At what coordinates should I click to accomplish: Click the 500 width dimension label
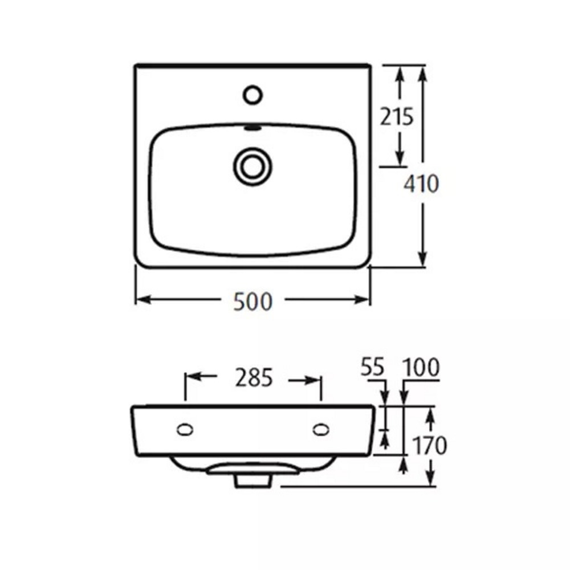click(253, 302)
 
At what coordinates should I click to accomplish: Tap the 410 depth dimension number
click(421, 184)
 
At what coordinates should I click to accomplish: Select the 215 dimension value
click(397, 117)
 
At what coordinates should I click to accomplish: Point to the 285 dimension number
click(254, 377)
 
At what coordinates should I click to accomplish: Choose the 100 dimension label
click(421, 367)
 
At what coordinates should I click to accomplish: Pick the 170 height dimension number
click(429, 445)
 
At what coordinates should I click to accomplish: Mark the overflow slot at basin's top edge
click(253, 128)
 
